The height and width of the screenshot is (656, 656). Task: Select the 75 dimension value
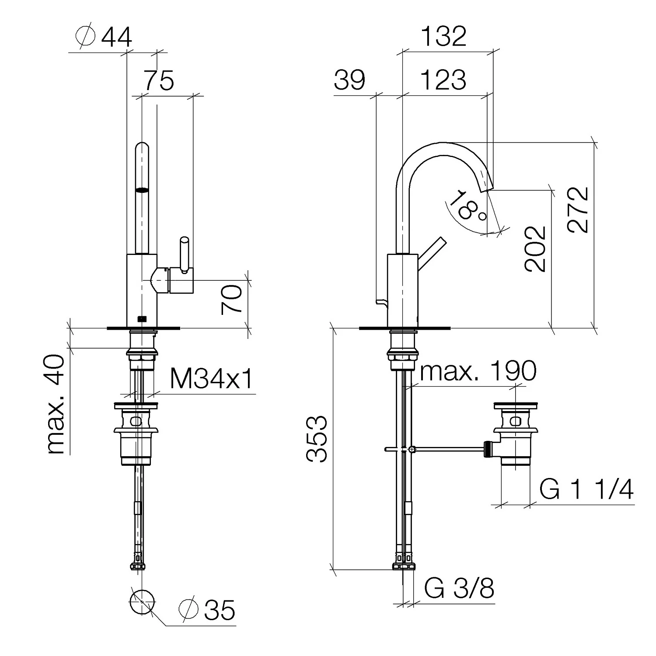(x=159, y=80)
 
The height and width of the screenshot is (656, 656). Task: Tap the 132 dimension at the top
(x=444, y=36)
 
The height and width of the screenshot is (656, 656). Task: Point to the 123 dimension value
(x=443, y=80)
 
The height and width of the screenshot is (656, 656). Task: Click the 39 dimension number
(x=349, y=80)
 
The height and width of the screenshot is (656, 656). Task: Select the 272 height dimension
(x=578, y=210)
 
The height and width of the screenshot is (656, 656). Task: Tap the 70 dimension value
(x=232, y=300)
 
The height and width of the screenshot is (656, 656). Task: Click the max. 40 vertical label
(x=55, y=405)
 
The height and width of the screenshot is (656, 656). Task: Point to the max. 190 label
(x=478, y=371)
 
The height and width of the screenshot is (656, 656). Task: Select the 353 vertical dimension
(x=317, y=439)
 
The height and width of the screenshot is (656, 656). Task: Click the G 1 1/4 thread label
(x=586, y=489)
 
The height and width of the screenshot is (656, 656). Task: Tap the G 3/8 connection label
(x=459, y=589)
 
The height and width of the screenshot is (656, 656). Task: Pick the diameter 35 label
(x=207, y=610)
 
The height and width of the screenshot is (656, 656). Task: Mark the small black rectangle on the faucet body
(x=142, y=319)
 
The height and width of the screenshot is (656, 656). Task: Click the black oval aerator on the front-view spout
(x=142, y=190)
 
